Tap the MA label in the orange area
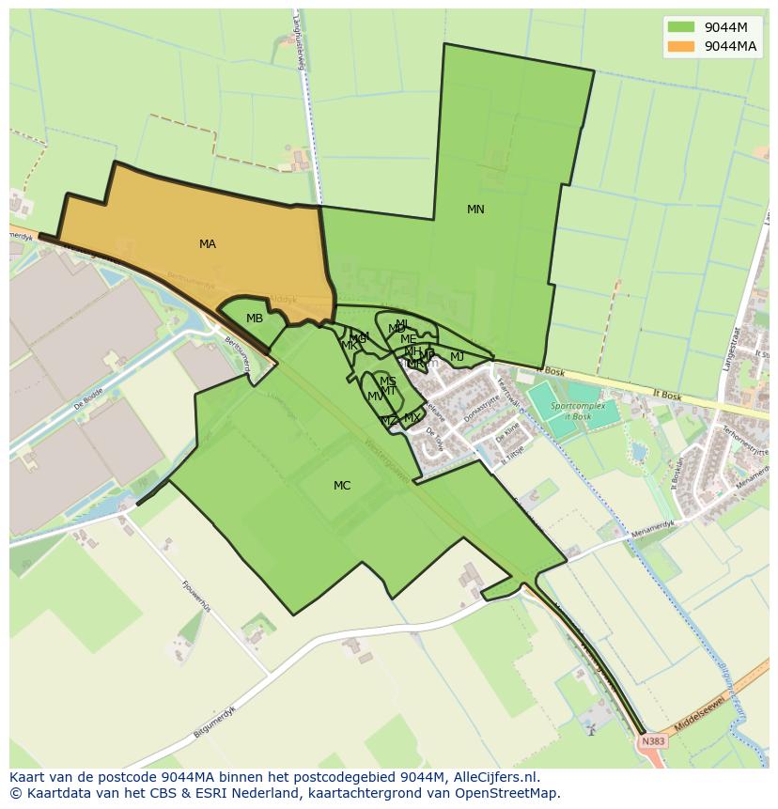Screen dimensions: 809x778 tap(208, 244)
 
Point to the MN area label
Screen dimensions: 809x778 tap(475, 210)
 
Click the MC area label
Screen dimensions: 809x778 tap(342, 486)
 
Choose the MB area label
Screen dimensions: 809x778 tap(255, 319)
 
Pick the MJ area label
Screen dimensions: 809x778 tap(457, 357)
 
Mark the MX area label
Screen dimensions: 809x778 tap(412, 418)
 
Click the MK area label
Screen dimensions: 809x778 tap(350, 346)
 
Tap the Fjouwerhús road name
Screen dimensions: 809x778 tap(196, 596)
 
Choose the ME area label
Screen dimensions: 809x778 tap(408, 339)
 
